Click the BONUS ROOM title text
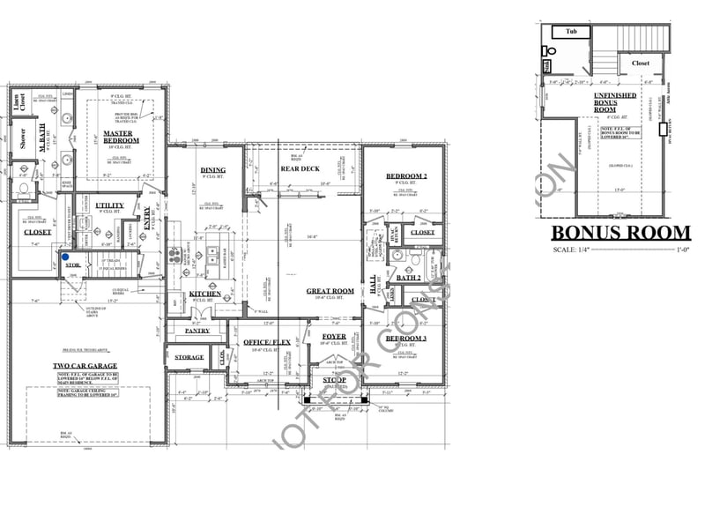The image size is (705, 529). pyautogui.click(x=620, y=233)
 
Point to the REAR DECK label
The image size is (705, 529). pyautogui.click(x=300, y=169)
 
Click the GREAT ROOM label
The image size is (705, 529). pyautogui.click(x=330, y=291)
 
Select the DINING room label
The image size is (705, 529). pyautogui.click(x=212, y=170)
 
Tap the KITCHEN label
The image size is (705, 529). pyautogui.click(x=204, y=294)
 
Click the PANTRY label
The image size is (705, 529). pyautogui.click(x=197, y=332)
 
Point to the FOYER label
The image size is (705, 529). pyautogui.click(x=333, y=336)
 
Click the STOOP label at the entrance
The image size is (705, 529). pyautogui.click(x=334, y=380)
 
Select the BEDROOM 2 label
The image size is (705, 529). pyautogui.click(x=406, y=176)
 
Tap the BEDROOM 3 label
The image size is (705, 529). pyautogui.click(x=406, y=339)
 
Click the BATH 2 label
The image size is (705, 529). pyautogui.click(x=409, y=278)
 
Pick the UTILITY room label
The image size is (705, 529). pyautogui.click(x=109, y=205)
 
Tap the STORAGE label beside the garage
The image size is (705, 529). pyautogui.click(x=189, y=357)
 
